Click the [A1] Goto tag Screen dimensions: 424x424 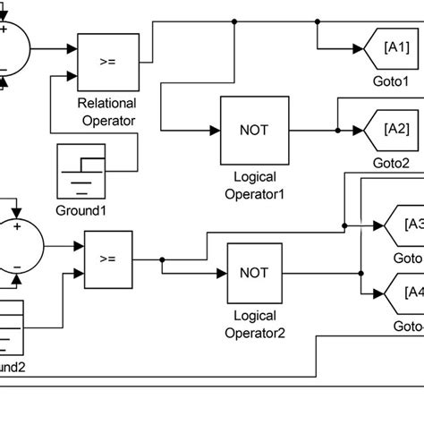[391, 46]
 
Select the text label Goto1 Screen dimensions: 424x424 [390, 79]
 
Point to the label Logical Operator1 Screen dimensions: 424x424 [254, 184]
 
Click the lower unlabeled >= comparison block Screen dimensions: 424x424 [108, 259]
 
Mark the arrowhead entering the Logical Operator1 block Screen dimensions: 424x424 [216, 130]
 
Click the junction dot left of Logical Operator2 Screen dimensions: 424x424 [162, 259]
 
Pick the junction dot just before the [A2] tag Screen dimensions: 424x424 [337, 130]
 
